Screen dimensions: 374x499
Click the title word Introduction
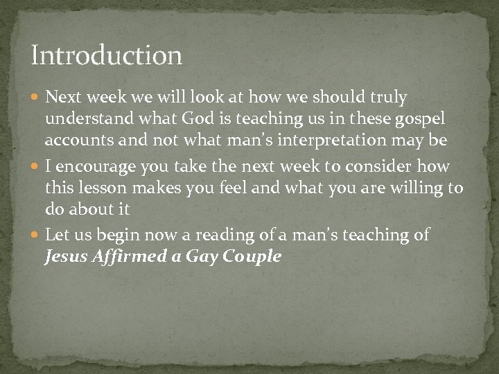pyautogui.click(x=106, y=55)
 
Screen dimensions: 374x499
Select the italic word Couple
pyautogui.click(x=252, y=257)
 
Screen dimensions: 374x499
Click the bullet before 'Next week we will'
pyautogui.click(x=37, y=98)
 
